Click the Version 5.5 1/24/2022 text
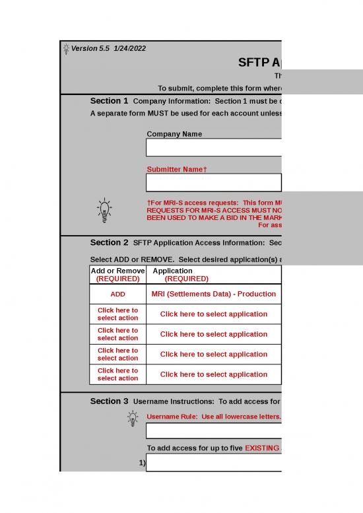[x=108, y=48]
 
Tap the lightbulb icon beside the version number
[x=65, y=48]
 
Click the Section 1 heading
[x=109, y=101]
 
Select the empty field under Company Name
[x=214, y=147]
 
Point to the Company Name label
[x=174, y=134]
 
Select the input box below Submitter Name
[x=214, y=182]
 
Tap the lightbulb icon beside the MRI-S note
[x=104, y=209]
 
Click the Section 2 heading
[x=109, y=242]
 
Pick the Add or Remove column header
[x=117, y=275]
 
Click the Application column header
[x=173, y=275]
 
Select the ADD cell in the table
[x=117, y=294]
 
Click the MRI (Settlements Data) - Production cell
[x=209, y=294]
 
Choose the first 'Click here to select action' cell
[x=117, y=314]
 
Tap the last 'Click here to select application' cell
[x=213, y=374]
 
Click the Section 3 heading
[x=109, y=401]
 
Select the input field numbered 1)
[x=214, y=463]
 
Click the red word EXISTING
[x=263, y=448]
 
